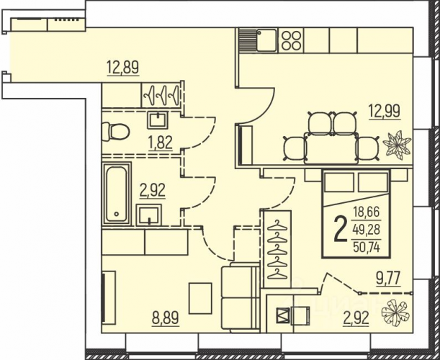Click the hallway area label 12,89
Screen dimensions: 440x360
[x=122, y=67]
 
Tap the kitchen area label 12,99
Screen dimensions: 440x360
[x=385, y=111]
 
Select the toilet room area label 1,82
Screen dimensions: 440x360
[x=159, y=143]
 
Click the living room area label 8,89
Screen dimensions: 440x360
[x=166, y=318]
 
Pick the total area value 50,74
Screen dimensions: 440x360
[x=367, y=247]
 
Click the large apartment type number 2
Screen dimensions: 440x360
[x=341, y=230]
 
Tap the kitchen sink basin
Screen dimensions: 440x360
[x=266, y=40]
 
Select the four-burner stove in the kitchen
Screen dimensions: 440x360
[x=291, y=40]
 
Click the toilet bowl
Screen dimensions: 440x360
[x=116, y=132]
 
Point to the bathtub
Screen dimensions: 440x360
[x=117, y=194]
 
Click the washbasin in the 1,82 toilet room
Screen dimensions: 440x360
[x=158, y=120]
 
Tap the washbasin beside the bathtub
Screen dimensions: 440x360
[x=149, y=215]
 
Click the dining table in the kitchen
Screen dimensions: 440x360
[x=331, y=149]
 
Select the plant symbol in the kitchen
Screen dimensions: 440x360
[x=397, y=143]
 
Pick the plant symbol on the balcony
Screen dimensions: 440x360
[x=395, y=312]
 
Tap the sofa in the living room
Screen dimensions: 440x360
[x=241, y=297]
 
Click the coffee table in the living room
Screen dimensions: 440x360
[x=200, y=298]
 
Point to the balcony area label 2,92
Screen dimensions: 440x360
[x=356, y=318]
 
